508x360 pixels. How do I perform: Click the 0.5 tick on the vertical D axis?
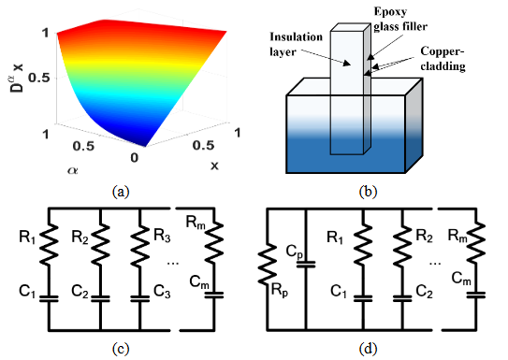pyautogui.click(x=38, y=78)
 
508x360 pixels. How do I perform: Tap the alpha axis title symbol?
pyautogui.click(x=73, y=170)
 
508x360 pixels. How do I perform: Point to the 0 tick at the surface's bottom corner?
pyautogui.click(x=134, y=158)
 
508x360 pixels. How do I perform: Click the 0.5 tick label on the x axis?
pyautogui.click(x=203, y=145)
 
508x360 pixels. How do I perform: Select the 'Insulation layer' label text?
pyautogui.click(x=297, y=44)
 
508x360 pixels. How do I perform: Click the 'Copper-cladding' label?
pyautogui.click(x=443, y=59)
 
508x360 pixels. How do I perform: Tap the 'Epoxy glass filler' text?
pyautogui.click(x=400, y=19)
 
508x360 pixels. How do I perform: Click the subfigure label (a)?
pyautogui.click(x=121, y=192)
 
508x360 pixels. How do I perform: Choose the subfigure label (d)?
pyautogui.click(x=368, y=350)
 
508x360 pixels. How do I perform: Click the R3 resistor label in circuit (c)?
pyautogui.click(x=162, y=236)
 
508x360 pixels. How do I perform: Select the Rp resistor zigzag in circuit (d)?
pyautogui.click(x=267, y=265)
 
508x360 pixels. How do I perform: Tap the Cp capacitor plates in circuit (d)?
pyautogui.click(x=306, y=265)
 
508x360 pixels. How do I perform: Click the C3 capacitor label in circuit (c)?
pyautogui.click(x=162, y=292)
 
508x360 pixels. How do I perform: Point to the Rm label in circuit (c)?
pyautogui.click(x=196, y=223)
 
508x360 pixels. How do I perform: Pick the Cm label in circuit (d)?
pyautogui.click(x=461, y=279)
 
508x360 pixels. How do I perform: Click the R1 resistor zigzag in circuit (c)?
pyautogui.click(x=49, y=243)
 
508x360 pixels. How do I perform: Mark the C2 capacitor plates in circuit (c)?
pyautogui.click(x=100, y=298)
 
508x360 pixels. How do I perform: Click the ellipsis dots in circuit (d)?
pyautogui.click(x=435, y=264)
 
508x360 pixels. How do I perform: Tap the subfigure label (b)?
pyautogui.click(x=368, y=192)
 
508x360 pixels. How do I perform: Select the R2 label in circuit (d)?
pyautogui.click(x=425, y=236)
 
